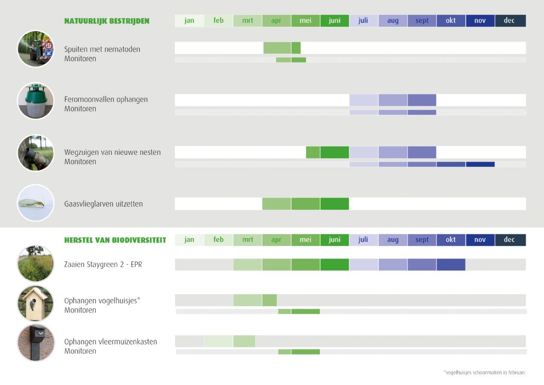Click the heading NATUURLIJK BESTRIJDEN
point(107,21)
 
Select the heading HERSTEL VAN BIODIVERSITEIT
point(115,240)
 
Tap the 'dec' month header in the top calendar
point(510,21)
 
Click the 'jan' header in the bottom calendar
point(189,240)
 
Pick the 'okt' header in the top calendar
point(451,21)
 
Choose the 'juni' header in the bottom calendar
point(334,240)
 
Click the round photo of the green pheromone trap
point(36,101)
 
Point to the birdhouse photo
point(36,303)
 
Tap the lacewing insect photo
point(36,203)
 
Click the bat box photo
point(36,343)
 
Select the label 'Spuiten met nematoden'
point(102,49)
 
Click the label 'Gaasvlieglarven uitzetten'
point(103,204)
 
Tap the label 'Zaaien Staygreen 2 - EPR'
point(103,264)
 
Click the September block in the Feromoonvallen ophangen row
point(422,100)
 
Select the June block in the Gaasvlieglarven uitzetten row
point(334,204)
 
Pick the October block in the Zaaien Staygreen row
point(451,265)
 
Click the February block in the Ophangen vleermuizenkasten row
point(218,341)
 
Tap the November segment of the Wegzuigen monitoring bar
point(480,164)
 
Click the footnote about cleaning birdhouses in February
point(484,372)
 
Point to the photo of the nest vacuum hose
point(36,153)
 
